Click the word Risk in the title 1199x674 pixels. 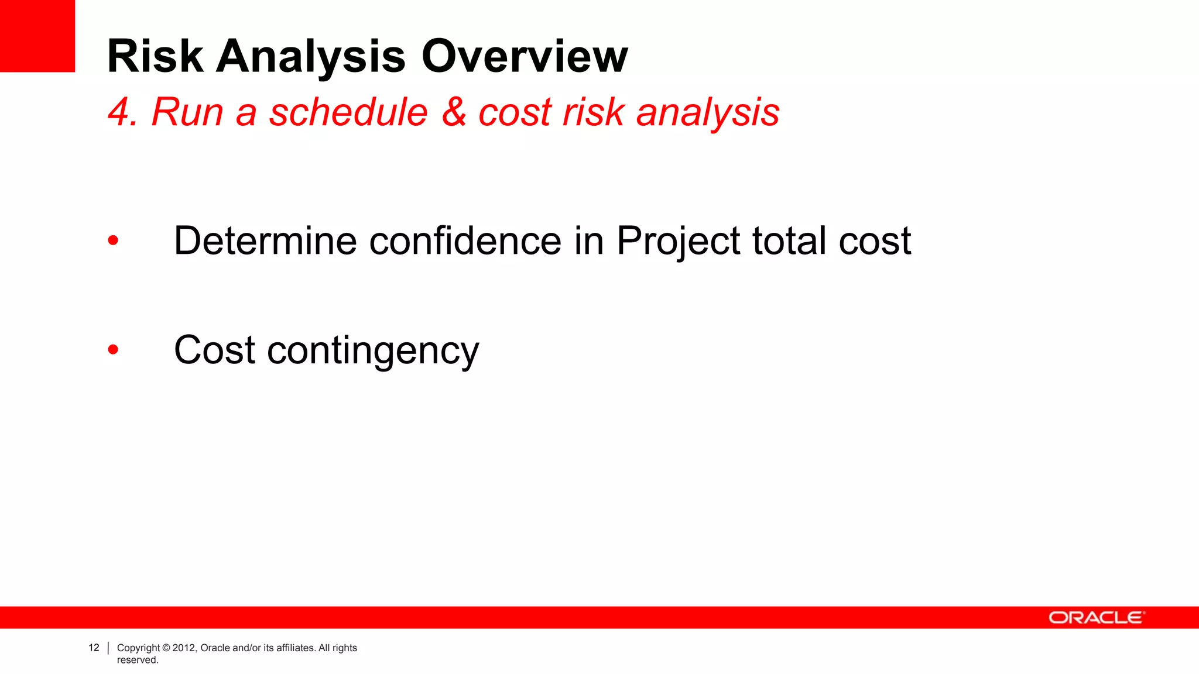coord(155,56)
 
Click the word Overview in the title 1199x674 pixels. coord(525,56)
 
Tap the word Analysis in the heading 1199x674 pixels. coord(311,57)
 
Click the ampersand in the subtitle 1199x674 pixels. coord(454,112)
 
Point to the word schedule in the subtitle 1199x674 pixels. coord(348,112)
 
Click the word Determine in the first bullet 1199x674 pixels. coord(265,240)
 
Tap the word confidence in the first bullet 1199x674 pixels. coord(465,240)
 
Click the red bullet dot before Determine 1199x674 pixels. coord(113,240)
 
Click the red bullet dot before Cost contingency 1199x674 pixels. coord(113,350)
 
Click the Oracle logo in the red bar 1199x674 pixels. coord(1095,618)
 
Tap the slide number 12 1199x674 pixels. coord(94,648)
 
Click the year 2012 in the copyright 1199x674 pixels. coord(183,648)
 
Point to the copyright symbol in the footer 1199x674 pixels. coord(166,648)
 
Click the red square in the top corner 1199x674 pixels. coord(37,36)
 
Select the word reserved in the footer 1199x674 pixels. coord(138,660)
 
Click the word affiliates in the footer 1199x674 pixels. coord(294,648)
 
